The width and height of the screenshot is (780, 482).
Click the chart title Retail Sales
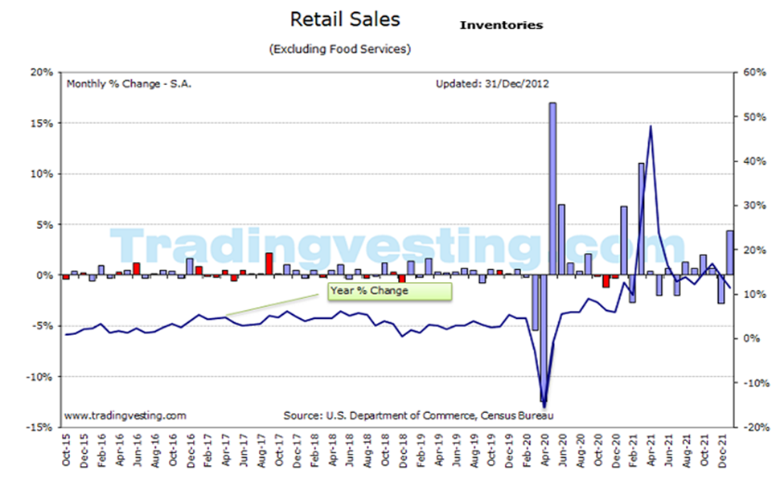pos(344,18)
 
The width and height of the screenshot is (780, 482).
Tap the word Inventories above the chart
pos(501,25)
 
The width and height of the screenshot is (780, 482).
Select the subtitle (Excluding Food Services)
pos(340,49)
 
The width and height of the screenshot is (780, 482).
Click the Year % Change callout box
pos(389,290)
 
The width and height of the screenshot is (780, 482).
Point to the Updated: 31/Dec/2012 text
pos(492,83)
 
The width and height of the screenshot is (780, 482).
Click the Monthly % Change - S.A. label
pos(129,83)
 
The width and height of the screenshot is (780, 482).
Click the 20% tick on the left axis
pos(41,72)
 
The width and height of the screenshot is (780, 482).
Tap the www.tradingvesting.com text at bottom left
pos(125,415)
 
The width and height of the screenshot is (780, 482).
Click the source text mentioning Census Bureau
pos(418,415)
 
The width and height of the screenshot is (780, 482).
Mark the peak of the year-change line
pos(650,126)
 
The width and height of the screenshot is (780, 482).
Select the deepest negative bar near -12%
pos(544,337)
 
